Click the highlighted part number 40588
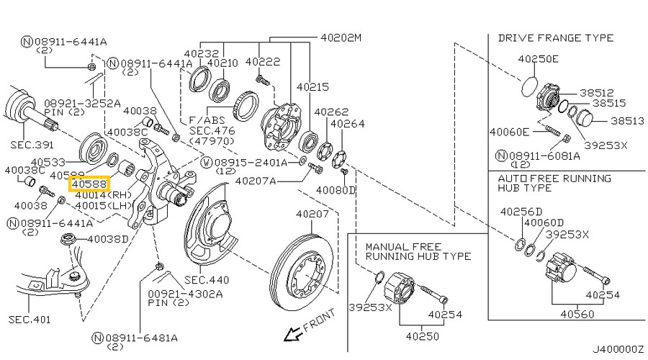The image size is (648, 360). pos(89,184)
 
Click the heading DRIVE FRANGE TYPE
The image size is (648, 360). pos(555,37)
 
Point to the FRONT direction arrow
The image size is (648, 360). pos(292,333)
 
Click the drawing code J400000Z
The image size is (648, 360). pos(618,349)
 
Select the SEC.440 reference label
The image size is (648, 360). pos(207,279)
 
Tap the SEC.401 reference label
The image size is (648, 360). pos(30,317)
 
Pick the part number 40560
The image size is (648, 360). pos(577,314)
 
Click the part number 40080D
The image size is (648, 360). pos(336,190)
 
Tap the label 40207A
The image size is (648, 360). pos(256,181)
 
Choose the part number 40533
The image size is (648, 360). pos(49,163)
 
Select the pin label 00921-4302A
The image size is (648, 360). pos(176,294)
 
